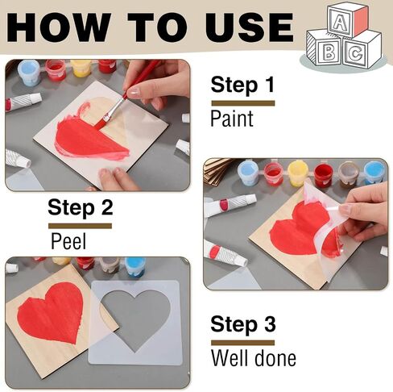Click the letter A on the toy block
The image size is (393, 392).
click(x=340, y=22)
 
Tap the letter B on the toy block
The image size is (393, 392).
click(x=329, y=52)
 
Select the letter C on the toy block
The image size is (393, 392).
click(x=356, y=53)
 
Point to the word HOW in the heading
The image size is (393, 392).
click(x=59, y=27)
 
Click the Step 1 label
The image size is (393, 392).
click(x=242, y=85)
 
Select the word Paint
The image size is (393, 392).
click(x=232, y=119)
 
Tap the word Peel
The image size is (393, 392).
click(x=68, y=241)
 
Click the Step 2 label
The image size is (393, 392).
click(x=81, y=207)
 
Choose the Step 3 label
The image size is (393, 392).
click(x=243, y=324)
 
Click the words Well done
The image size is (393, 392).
click(x=254, y=358)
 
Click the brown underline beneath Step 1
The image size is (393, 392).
click(x=243, y=103)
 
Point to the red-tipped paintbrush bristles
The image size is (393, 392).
click(x=101, y=122)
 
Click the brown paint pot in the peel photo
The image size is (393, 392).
click(x=348, y=174)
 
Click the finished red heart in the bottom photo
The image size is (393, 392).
click(x=51, y=312)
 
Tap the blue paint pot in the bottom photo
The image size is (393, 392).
click(x=135, y=266)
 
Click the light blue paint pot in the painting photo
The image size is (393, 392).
click(x=29, y=73)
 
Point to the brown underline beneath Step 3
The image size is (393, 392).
click(x=242, y=343)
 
